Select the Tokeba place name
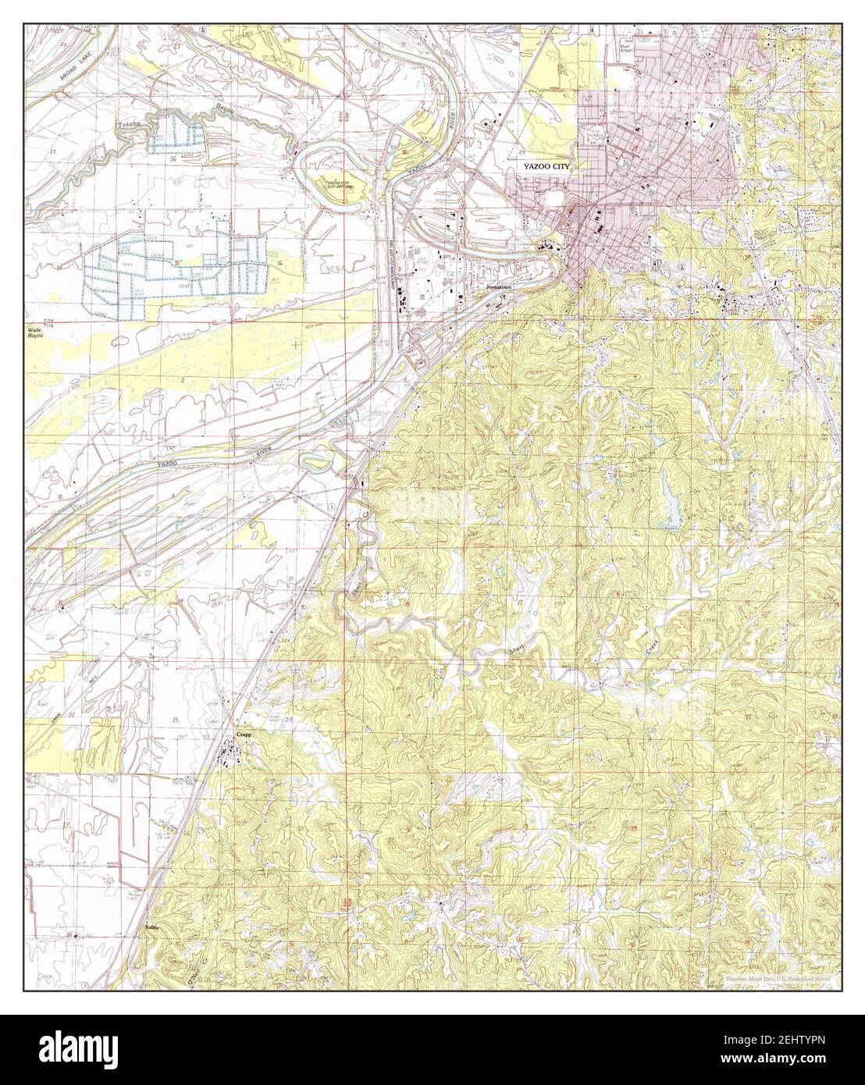click(x=127, y=124)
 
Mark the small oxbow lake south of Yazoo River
click(x=322, y=461)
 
